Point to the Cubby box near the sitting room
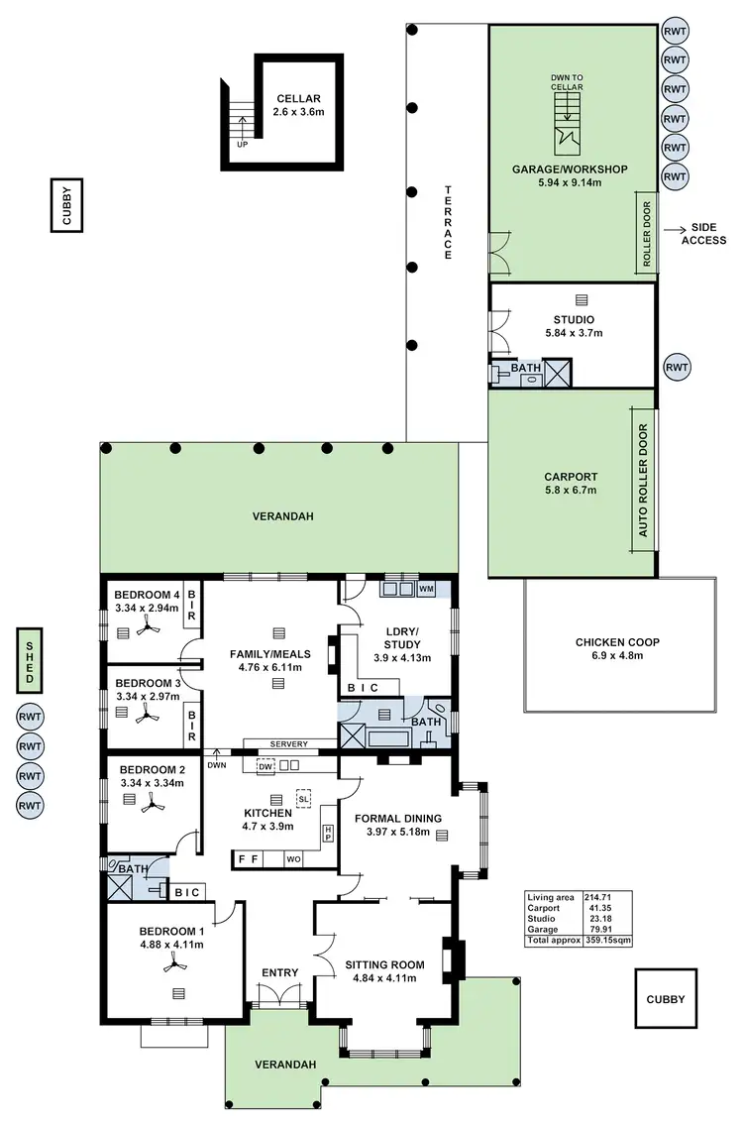(661, 1000)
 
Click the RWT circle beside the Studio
(677, 367)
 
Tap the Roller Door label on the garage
(647, 235)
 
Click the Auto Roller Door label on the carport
(643, 481)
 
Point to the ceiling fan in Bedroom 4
(148, 625)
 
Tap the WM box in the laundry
(426, 589)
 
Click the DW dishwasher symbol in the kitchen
(265, 766)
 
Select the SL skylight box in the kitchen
(303, 798)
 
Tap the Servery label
(289, 743)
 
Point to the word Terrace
(448, 223)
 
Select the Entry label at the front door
(280, 972)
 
